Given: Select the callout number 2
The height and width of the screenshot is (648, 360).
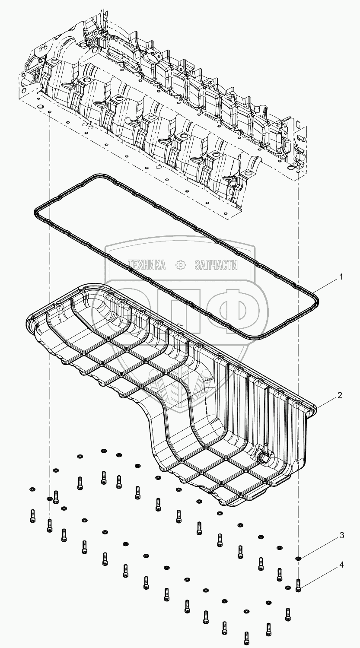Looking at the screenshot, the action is (x=341, y=395).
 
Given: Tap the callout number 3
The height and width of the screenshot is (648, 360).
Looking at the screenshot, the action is (x=341, y=536).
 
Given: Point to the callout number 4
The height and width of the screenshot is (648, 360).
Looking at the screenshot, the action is (x=341, y=565).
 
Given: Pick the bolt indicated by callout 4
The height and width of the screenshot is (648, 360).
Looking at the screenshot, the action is (x=298, y=585).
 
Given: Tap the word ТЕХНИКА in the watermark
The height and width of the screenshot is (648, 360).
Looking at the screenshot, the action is (x=146, y=265).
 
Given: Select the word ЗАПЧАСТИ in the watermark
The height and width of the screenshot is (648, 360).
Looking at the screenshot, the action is (x=216, y=265).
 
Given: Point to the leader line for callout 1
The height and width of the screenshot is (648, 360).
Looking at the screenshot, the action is (x=325, y=285).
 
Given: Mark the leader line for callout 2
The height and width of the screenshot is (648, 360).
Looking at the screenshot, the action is (x=326, y=401).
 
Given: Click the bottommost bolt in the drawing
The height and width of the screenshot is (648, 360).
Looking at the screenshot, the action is (x=246, y=638).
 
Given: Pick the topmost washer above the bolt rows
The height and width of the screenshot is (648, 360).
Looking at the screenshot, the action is (x=103, y=451).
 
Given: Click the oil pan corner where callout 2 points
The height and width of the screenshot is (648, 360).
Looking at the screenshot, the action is (x=314, y=407).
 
